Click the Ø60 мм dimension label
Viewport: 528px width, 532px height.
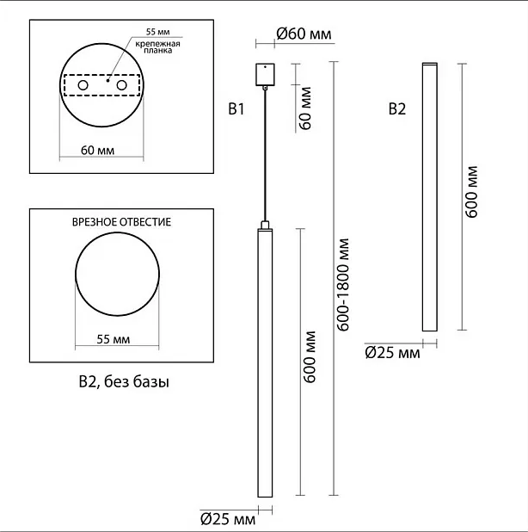(x=304, y=34)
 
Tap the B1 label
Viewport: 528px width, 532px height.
(x=236, y=109)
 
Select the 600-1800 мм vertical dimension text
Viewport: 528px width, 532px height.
(x=343, y=284)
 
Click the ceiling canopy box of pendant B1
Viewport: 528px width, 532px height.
(x=265, y=74)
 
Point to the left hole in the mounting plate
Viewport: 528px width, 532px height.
(x=83, y=85)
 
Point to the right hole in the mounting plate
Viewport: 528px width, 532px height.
(x=121, y=85)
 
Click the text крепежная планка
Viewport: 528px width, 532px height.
(x=158, y=47)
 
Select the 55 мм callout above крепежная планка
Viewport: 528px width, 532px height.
(x=158, y=32)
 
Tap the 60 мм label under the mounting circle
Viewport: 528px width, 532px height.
(x=97, y=151)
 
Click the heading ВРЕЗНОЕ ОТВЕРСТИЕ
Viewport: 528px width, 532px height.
(x=121, y=222)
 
